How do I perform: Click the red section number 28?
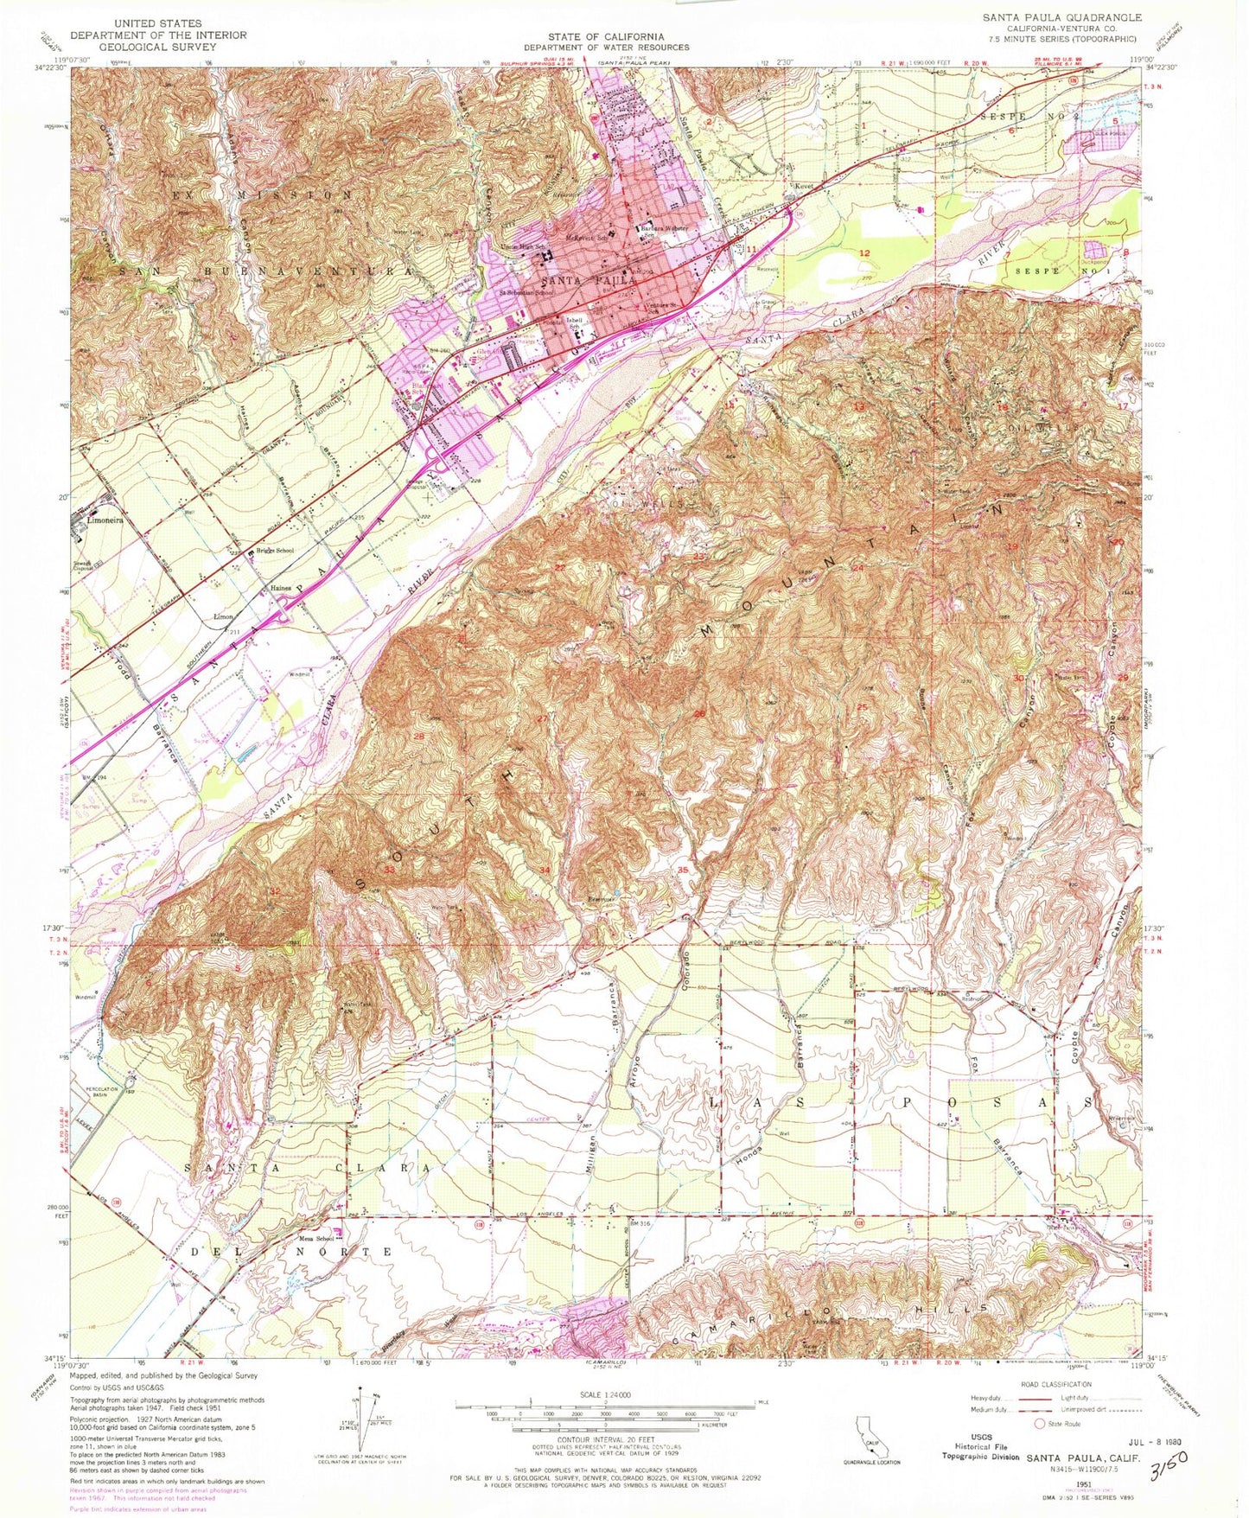pos(419,736)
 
